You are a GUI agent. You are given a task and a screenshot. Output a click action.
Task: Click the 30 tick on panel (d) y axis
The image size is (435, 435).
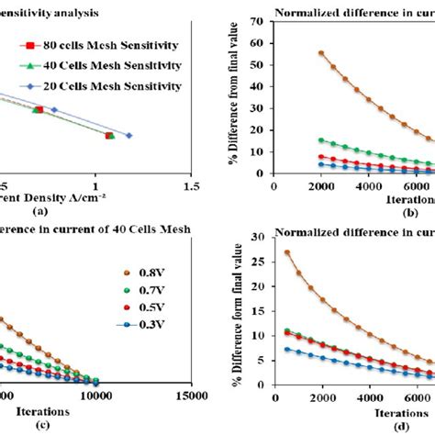261,238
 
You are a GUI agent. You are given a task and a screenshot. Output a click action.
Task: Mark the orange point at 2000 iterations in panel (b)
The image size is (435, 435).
320,53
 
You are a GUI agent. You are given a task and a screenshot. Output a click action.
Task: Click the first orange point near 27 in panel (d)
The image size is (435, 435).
287,253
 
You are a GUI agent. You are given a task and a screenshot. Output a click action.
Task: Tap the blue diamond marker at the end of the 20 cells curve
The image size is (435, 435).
128,136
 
